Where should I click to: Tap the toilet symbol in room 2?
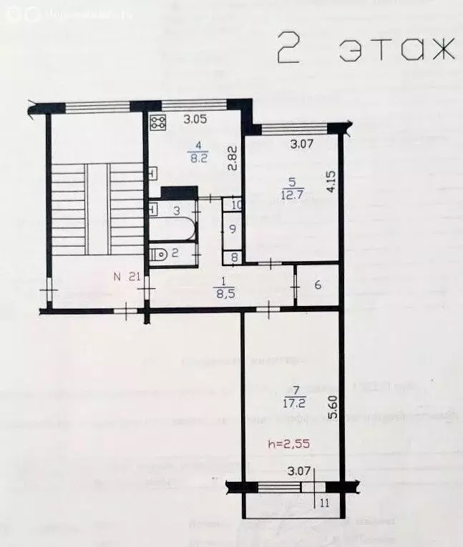[x=159, y=252]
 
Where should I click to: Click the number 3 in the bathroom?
[x=175, y=210]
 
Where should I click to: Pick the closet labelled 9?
[x=233, y=230]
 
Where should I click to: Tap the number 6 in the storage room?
[x=318, y=285]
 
